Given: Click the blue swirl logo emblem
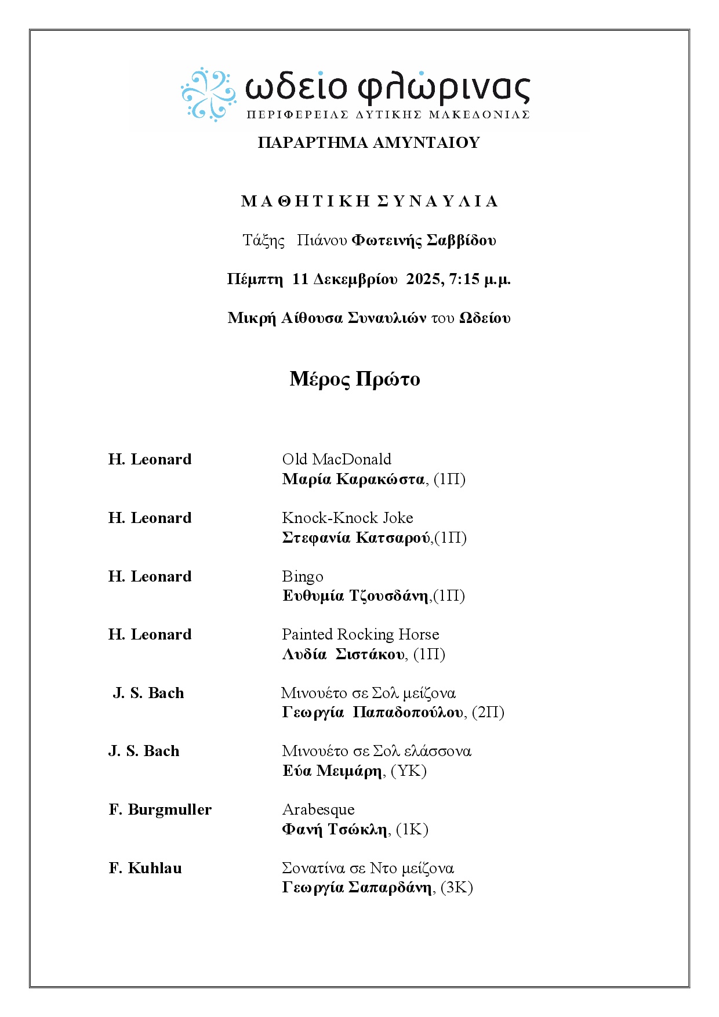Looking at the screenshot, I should click(208, 94).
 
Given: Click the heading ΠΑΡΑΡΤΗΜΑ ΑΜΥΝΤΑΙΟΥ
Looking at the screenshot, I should click(369, 143).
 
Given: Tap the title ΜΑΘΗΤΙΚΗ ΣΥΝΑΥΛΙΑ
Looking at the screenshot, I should click(369, 201).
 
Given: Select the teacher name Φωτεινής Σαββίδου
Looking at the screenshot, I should click(424, 240).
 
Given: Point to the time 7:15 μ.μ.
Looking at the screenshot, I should click(480, 279).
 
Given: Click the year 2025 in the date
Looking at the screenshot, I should click(424, 279).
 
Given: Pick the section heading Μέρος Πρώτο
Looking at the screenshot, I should click(355, 379).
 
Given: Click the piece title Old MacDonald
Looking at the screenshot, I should click(336, 459).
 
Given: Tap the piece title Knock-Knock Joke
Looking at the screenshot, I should click(347, 518).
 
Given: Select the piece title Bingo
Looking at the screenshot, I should click(303, 576).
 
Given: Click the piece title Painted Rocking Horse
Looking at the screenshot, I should click(360, 634).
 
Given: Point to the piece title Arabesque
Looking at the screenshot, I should click(318, 809).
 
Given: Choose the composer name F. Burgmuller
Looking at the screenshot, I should click(160, 809).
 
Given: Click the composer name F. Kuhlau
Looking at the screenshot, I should click(145, 868).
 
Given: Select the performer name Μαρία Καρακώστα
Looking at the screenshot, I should click(353, 480).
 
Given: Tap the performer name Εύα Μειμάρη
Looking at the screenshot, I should click(332, 771).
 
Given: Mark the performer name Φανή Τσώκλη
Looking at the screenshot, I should click(335, 830).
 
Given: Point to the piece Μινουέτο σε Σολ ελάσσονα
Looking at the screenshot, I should click(376, 751).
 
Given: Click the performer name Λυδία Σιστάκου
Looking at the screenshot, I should click(343, 655).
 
